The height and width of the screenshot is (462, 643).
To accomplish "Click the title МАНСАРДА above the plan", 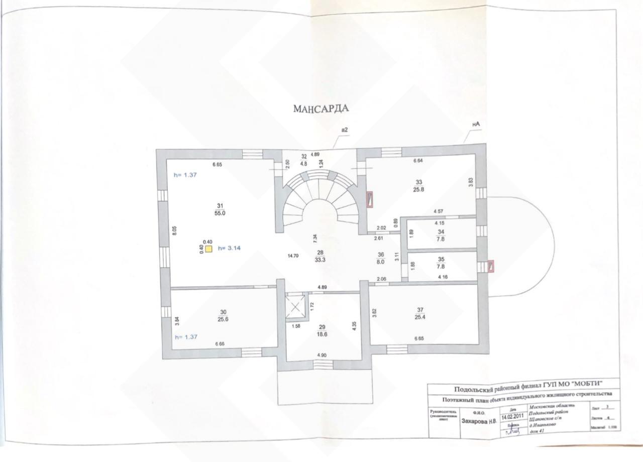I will coord(321,108).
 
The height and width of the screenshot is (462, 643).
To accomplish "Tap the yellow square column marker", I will coord(209,248).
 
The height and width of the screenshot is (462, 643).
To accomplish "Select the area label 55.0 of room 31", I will coord(220,213).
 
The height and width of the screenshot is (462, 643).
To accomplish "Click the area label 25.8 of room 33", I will coord(419,189).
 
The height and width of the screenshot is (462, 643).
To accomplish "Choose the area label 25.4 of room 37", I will coord(420,317).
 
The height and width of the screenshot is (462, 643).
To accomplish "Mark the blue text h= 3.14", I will coord(231,248).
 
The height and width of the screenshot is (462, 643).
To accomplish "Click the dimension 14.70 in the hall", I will coord(293,256).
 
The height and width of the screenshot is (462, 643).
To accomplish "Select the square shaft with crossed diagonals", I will coord(295,307).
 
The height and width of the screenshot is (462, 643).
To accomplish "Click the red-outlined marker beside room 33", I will coord(370,199).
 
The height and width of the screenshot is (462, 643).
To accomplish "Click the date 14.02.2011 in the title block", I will coord(510,416).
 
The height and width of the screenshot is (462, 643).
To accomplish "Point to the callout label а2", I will coord(345,130).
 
